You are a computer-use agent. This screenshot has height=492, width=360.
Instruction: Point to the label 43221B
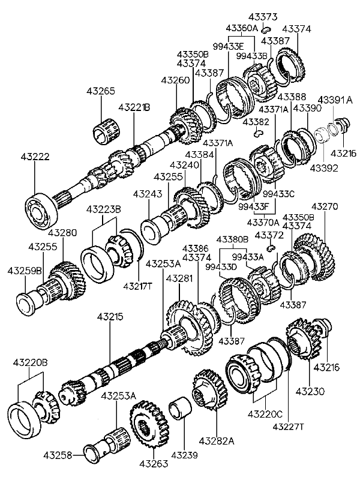pos(134,107)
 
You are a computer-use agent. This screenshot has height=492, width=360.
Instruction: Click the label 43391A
pos(335,100)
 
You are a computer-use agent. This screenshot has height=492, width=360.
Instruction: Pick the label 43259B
pos(25,271)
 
